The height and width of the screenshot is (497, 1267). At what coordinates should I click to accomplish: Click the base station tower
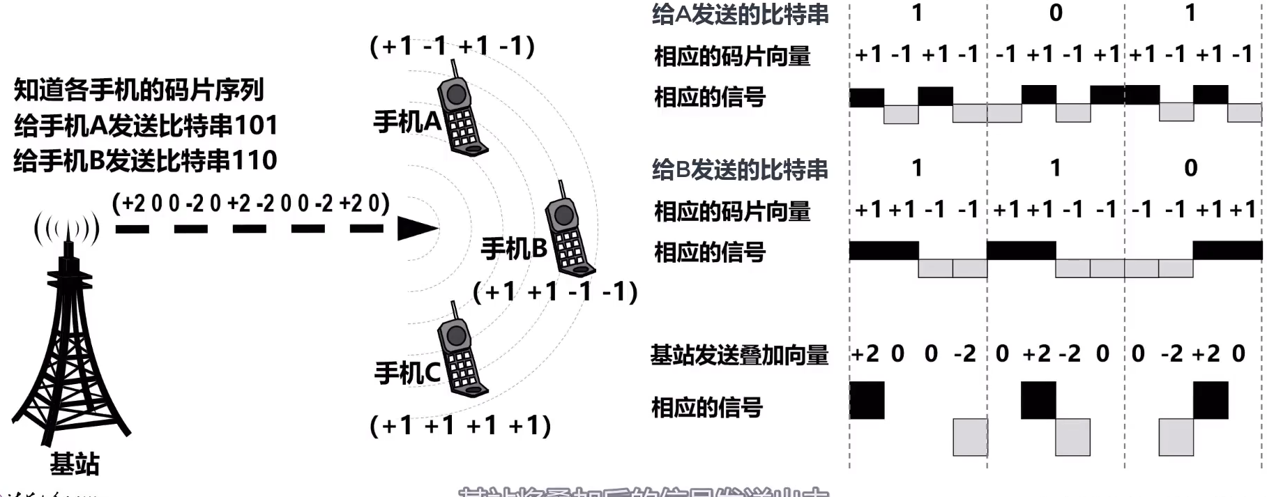pyautogui.click(x=70, y=349)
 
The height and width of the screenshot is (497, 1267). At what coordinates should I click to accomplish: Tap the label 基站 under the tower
pyautogui.click(x=75, y=464)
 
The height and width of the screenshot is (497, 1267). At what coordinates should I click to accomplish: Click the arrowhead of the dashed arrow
pyautogui.click(x=417, y=228)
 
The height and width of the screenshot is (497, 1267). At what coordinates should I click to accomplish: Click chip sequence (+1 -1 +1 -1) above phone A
pyautogui.click(x=452, y=46)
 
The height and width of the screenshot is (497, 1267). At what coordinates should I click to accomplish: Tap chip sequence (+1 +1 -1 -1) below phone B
pyautogui.click(x=555, y=291)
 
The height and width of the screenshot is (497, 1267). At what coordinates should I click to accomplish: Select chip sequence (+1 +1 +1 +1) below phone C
pyautogui.click(x=460, y=425)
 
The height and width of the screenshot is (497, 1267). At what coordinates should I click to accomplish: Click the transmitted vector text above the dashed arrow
pyautogui.click(x=250, y=204)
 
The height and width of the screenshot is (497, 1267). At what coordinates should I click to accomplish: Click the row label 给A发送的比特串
pyautogui.click(x=740, y=15)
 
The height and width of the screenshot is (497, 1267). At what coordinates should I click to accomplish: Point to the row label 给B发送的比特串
pyautogui.click(x=740, y=169)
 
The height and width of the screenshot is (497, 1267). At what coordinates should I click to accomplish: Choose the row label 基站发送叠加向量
pyautogui.click(x=739, y=355)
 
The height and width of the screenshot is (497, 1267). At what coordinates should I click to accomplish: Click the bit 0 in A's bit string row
pyautogui.click(x=1056, y=13)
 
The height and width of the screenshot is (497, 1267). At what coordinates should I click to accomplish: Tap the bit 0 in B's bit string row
pyautogui.click(x=1191, y=168)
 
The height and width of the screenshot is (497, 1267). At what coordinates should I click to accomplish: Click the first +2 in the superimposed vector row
pyautogui.click(x=865, y=354)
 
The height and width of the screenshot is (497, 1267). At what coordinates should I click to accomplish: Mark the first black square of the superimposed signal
pyautogui.click(x=867, y=400)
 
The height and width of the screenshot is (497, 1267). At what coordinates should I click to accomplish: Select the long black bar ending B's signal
pyautogui.click(x=1227, y=250)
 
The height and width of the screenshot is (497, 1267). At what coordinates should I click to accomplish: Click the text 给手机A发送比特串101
pyautogui.click(x=146, y=125)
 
